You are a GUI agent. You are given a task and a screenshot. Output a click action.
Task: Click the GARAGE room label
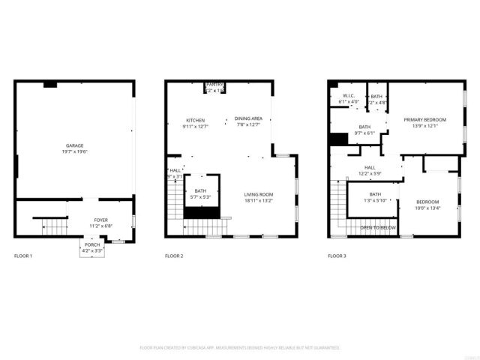pos(74,145)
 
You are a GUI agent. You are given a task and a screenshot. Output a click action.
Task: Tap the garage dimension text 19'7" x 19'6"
pos(74,151)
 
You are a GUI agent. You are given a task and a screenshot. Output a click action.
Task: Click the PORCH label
pos(91,244)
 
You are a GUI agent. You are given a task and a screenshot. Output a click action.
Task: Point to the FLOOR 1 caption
pos(23,256)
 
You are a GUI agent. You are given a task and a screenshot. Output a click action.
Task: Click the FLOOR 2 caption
pos(174,256)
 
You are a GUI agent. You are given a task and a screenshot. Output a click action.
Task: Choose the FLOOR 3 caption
pos(337,256)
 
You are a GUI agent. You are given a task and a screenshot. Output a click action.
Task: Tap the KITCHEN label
pos(195,120)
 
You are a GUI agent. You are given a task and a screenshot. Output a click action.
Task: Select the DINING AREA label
pos(247,118)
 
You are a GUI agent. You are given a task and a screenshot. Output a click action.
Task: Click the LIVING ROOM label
pos(258,194)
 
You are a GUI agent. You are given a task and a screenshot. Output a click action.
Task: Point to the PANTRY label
pos(215,85)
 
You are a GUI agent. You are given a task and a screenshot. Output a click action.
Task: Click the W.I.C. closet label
pos(349,95)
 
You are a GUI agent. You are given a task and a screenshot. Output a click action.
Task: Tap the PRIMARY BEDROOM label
pos(424,120)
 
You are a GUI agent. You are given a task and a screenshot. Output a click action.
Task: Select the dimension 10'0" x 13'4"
pos(427,208)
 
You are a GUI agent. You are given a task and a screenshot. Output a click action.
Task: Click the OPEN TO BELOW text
pos(377,227)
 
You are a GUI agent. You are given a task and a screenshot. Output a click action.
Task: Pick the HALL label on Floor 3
pos(370,167)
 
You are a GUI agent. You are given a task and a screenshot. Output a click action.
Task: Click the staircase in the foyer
pos(52,223)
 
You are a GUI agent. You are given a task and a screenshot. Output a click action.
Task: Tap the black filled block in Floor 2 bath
pos(200,213)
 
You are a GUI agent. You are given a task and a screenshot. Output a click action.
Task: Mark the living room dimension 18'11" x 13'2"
pos(258,200)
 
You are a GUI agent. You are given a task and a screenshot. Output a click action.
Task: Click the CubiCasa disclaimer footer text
pos(240,348)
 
